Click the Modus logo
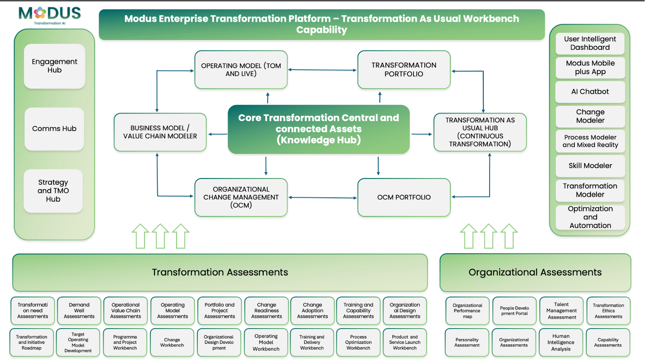click(x=49, y=15)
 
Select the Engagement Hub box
click(x=54, y=66)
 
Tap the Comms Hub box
click(x=54, y=129)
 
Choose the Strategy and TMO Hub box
click(x=53, y=191)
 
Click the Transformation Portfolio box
click(x=404, y=70)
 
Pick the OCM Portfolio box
click(x=404, y=197)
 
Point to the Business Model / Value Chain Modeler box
click(x=160, y=132)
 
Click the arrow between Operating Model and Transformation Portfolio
click(x=322, y=70)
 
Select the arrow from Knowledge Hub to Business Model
click(x=217, y=134)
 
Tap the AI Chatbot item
click(x=590, y=92)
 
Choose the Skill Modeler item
click(x=590, y=166)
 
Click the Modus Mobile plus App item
click(x=590, y=67)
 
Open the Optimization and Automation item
click(x=590, y=217)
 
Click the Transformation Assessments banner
click(x=220, y=272)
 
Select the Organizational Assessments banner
click(x=535, y=272)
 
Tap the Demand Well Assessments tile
click(x=79, y=311)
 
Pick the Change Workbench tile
click(x=172, y=343)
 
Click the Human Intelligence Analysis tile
click(x=561, y=343)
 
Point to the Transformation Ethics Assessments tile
click(x=608, y=311)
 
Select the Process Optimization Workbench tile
click(x=358, y=343)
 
